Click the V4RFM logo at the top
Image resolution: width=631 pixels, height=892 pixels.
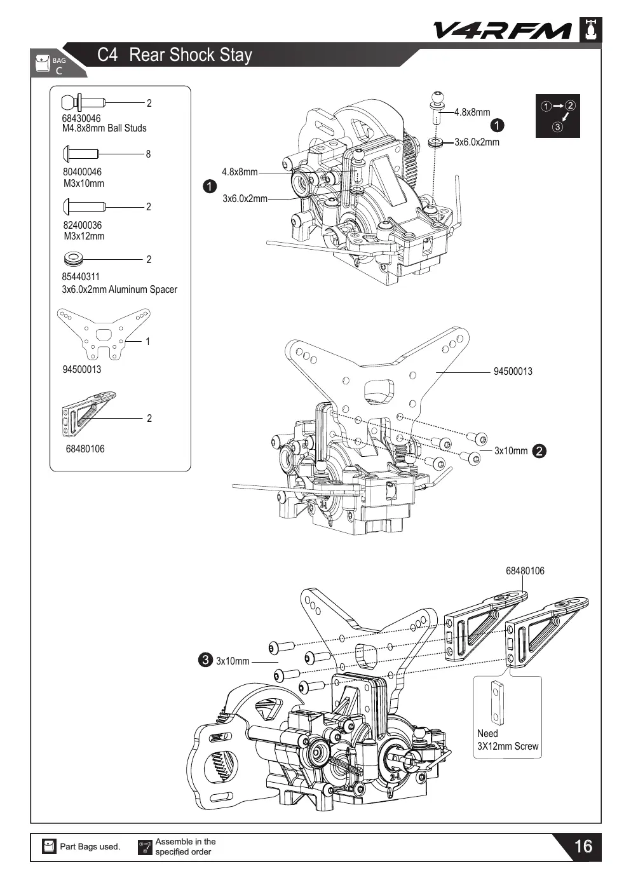click(502, 30)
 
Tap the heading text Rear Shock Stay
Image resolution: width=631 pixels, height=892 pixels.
click(191, 55)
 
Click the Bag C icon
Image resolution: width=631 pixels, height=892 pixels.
click(43, 64)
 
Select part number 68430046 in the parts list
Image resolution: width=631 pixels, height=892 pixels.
click(81, 118)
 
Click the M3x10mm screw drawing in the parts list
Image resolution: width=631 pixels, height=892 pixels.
click(81, 153)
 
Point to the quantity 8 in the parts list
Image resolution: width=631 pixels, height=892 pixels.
click(148, 154)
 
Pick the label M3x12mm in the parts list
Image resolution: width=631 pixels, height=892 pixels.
click(84, 236)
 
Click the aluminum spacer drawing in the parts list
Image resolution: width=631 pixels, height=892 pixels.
click(73, 259)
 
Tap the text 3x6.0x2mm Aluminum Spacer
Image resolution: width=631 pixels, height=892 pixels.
click(119, 289)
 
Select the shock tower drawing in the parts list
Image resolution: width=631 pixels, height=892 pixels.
click(104, 334)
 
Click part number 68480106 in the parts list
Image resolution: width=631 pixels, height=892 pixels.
click(85, 449)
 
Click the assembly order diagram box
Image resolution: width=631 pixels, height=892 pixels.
click(557, 116)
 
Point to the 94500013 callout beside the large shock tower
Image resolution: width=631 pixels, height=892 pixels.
click(513, 372)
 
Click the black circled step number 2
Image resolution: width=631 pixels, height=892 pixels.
click(539, 451)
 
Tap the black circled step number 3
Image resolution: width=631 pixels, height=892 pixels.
click(205, 660)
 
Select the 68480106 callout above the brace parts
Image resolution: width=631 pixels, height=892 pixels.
click(525, 571)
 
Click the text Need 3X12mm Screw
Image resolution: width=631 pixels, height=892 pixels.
click(508, 740)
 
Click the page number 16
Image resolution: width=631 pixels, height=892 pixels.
click(583, 846)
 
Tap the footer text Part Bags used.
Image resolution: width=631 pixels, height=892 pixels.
click(90, 847)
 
